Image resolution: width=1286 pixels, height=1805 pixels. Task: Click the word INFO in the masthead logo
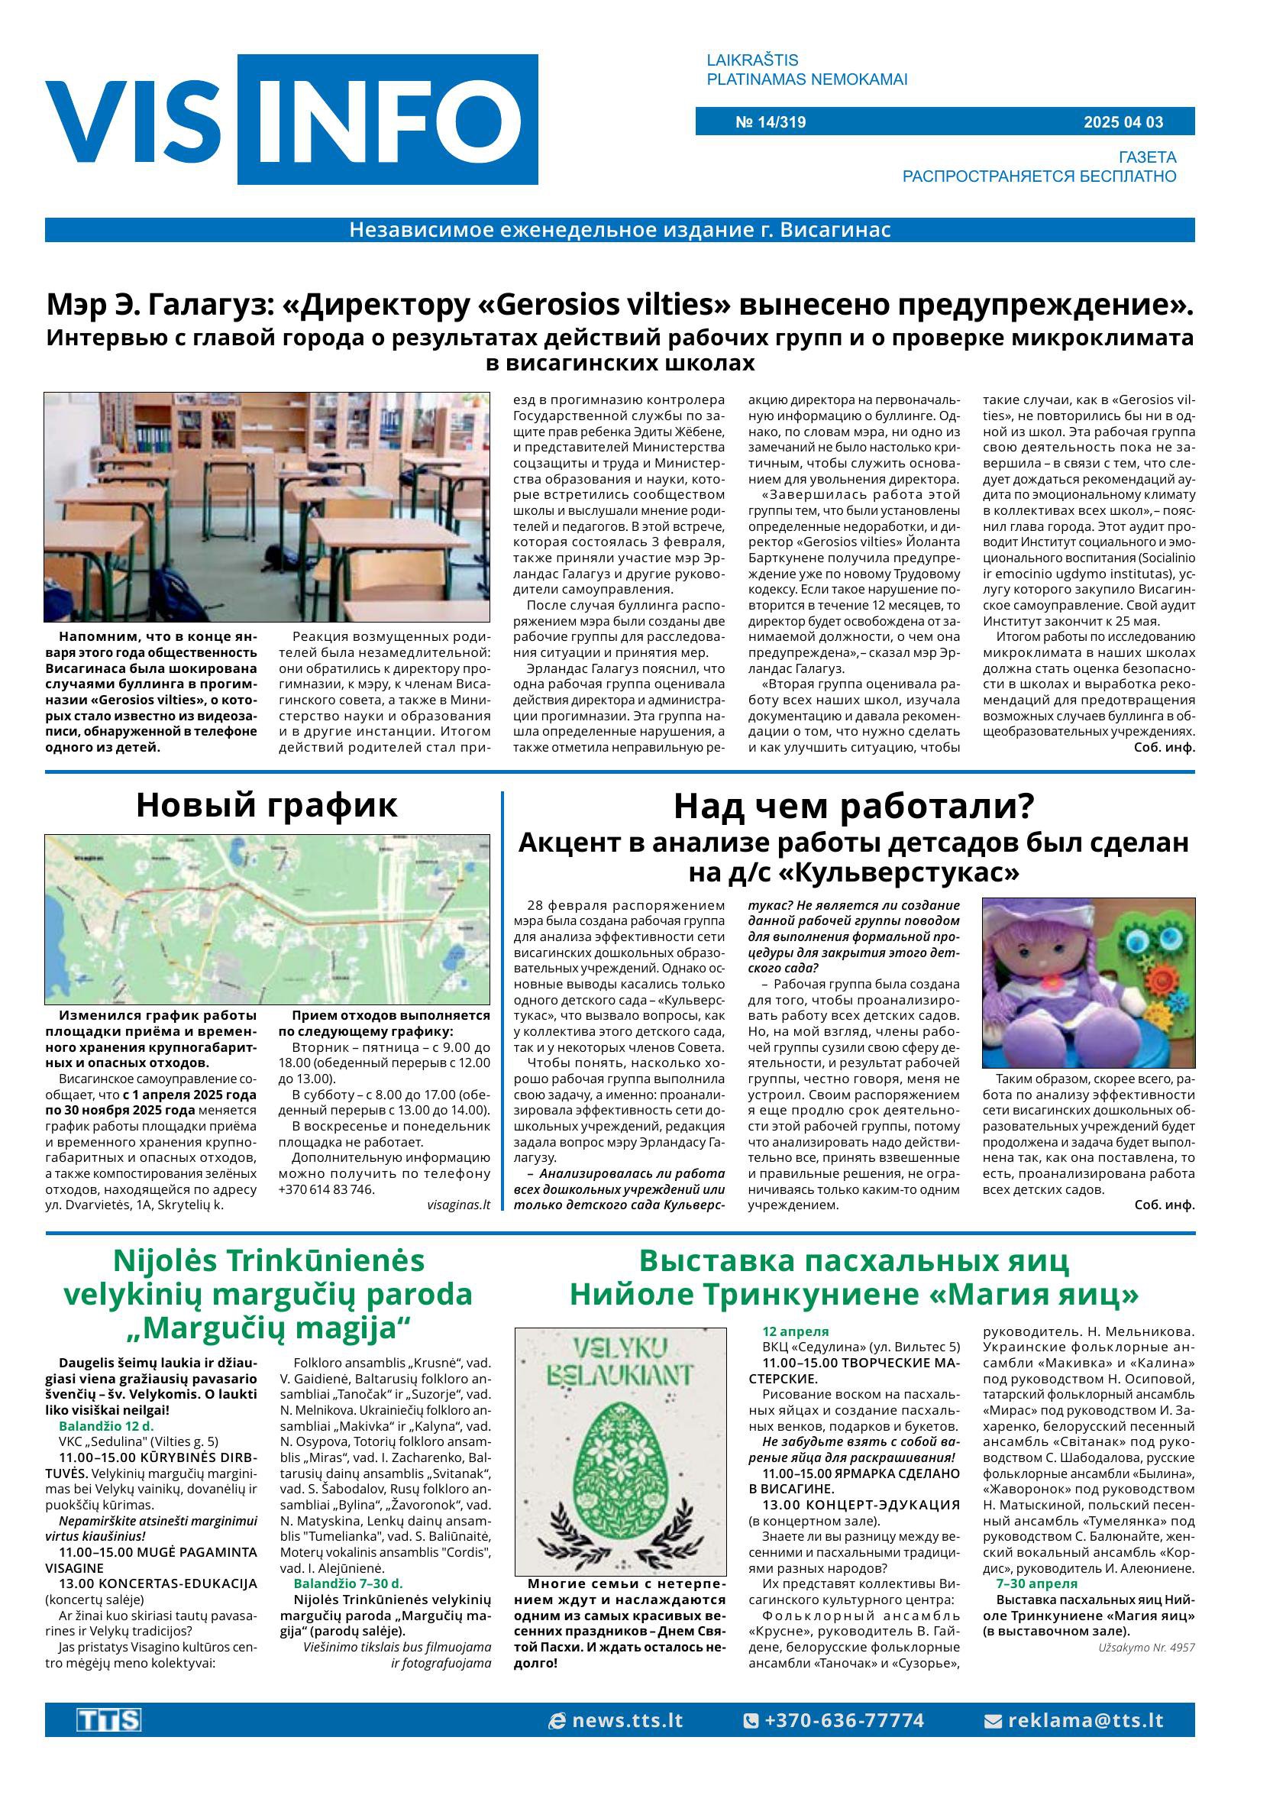pos(388,121)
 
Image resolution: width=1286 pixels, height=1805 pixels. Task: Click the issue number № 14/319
pos(770,122)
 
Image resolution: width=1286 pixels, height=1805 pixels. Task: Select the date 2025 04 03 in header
pos(1123,122)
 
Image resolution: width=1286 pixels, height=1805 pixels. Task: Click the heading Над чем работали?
pos(854,807)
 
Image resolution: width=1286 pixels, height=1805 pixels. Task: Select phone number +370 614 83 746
pos(325,1189)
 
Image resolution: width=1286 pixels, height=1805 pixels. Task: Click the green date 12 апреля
pos(795,1331)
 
